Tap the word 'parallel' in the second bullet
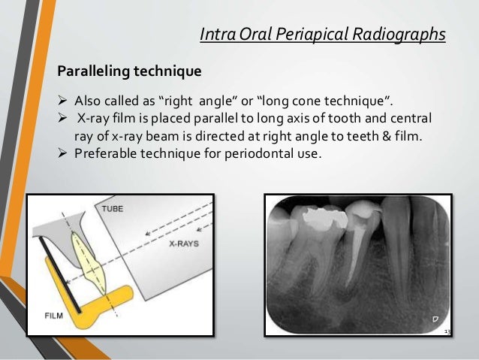click(221, 120)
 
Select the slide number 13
click(447, 331)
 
